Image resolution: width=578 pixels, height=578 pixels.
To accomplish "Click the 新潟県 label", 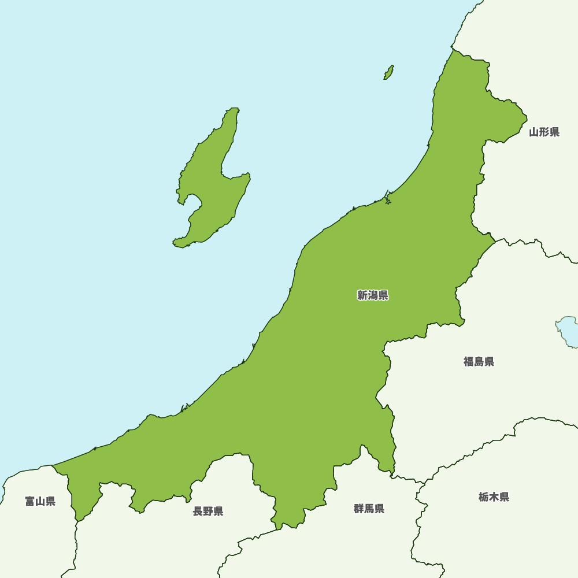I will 373,296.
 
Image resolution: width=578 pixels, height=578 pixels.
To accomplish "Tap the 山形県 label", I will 544,132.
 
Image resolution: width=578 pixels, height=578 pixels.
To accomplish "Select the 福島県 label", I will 479,362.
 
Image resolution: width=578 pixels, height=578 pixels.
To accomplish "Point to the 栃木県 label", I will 494,497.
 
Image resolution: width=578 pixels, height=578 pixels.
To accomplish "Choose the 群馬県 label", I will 369,509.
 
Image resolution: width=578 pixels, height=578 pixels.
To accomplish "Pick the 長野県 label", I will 208,511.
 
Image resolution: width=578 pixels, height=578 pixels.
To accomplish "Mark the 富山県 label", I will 40,501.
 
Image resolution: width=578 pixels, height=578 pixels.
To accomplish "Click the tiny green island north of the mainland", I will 389,72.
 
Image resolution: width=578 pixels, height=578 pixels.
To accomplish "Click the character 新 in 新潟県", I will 362,296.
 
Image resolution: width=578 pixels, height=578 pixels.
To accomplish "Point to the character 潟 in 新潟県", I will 373,296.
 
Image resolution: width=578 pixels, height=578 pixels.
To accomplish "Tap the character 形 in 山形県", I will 544,132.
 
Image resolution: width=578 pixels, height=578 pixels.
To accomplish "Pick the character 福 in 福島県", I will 468,362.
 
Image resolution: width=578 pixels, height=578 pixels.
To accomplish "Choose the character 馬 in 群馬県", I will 369,509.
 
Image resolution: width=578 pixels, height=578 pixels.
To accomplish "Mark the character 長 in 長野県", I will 198,511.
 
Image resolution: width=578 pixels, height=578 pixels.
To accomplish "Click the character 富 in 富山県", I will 30,501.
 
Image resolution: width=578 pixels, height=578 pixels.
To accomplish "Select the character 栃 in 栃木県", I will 483,497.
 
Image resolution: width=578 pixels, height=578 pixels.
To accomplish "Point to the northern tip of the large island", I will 234,109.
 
